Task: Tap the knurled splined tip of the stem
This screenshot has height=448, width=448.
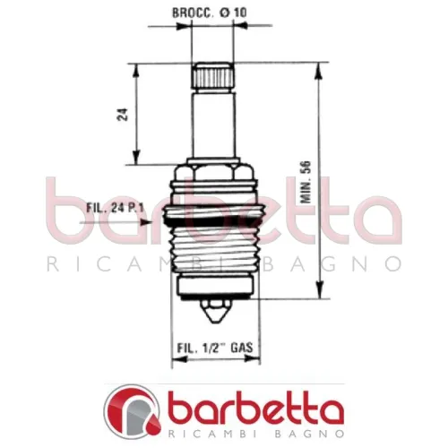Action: [212, 74]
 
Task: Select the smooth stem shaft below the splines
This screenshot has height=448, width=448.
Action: [212, 125]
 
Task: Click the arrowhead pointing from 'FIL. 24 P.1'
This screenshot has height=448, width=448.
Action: [161, 216]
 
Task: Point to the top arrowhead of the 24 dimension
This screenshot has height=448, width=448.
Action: [136, 66]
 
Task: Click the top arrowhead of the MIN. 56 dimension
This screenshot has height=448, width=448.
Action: [318, 66]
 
